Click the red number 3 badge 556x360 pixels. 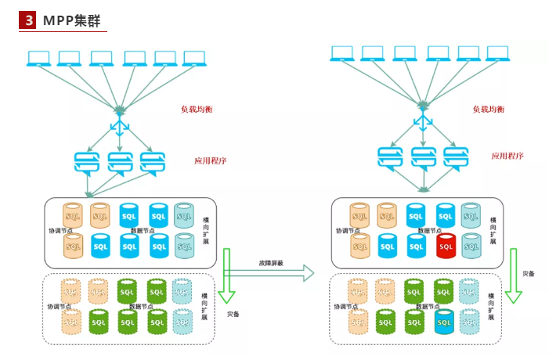[x=29, y=20]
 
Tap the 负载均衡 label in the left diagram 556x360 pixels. [x=197, y=109]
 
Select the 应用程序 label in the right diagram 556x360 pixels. [x=507, y=156]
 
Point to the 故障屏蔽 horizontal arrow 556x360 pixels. [x=269, y=272]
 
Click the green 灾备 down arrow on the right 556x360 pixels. [x=514, y=275]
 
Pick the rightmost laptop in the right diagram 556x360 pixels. [x=498, y=53]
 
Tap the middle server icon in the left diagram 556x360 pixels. [x=120, y=162]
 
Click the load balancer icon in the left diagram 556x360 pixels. [x=120, y=125]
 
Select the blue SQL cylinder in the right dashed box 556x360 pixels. [x=444, y=320]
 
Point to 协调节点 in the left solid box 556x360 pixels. [x=61, y=231]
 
